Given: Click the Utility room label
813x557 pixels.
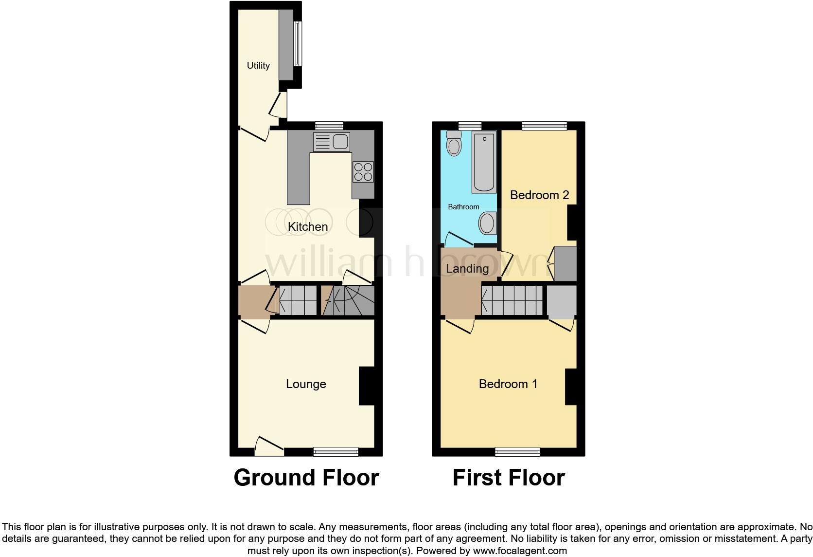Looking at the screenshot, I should (258, 65).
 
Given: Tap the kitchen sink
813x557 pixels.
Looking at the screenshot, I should (332, 142).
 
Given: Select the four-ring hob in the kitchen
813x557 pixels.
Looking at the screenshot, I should (363, 172).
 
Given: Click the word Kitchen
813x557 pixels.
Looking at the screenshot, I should (308, 226).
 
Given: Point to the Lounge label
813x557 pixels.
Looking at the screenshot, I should (306, 384).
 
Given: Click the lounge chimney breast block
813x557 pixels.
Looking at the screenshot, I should (367, 386).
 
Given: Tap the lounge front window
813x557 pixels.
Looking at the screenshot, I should (336, 452).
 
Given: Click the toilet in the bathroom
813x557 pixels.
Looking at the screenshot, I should (454, 143).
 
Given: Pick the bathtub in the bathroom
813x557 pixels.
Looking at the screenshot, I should (484, 162).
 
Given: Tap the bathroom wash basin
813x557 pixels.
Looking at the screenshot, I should (487, 224).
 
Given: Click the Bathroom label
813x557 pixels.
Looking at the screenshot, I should (463, 207).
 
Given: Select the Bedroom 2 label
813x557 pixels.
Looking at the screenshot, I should (539, 195).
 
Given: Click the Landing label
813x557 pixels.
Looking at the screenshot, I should (467, 268).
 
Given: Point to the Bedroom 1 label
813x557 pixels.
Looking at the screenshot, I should (508, 384).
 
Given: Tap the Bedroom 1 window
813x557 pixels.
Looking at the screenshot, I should (517, 452).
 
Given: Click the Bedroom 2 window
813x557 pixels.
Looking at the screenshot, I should (545, 126).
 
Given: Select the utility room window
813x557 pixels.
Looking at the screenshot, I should (298, 44).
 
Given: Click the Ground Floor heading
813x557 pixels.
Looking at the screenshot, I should (306, 478).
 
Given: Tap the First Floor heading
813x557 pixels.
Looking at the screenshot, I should (509, 478).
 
